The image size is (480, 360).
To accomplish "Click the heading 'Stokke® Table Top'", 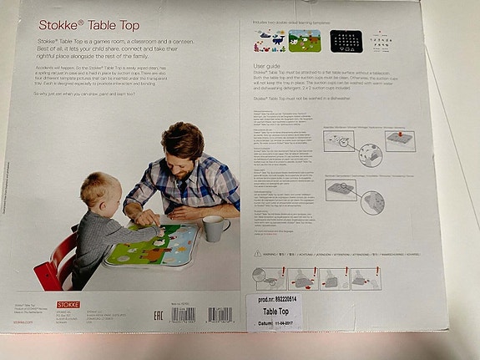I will pyautogui.click(x=73, y=25).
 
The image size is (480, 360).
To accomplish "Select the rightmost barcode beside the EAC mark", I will pyautogui.click(x=220, y=315).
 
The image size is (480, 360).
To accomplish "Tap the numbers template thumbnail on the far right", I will pyautogui.click(x=385, y=40).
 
